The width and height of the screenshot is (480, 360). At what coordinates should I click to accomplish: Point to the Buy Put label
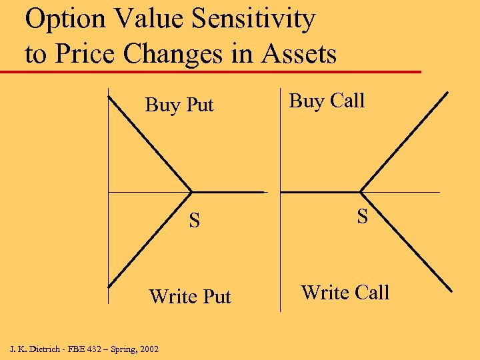(x=179, y=105)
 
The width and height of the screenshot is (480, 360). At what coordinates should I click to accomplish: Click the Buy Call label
(x=327, y=101)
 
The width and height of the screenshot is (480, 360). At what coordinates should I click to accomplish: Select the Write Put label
(x=190, y=296)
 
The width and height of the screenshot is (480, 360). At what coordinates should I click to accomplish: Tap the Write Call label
(x=345, y=293)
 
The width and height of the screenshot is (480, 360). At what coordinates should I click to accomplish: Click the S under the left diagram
(x=194, y=221)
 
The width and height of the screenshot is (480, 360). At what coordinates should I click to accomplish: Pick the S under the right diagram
(x=362, y=216)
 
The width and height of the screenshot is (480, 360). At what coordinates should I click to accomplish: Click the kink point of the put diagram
(x=192, y=193)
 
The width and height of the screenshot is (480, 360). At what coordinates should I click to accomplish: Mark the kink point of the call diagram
(x=362, y=192)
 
